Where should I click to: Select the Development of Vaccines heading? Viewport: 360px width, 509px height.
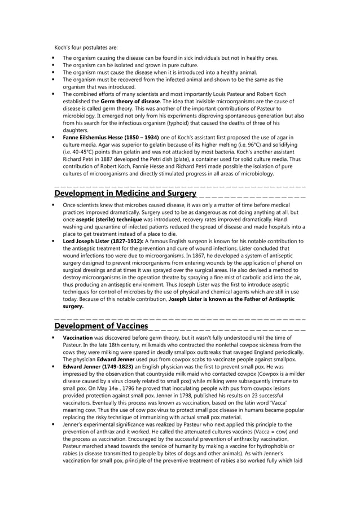pos(101,326)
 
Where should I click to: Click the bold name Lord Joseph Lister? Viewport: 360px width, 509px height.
pos(94,242)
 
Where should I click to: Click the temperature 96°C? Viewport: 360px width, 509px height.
pos(246,145)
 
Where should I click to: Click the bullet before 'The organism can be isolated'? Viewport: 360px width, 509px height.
pos(53,65)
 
